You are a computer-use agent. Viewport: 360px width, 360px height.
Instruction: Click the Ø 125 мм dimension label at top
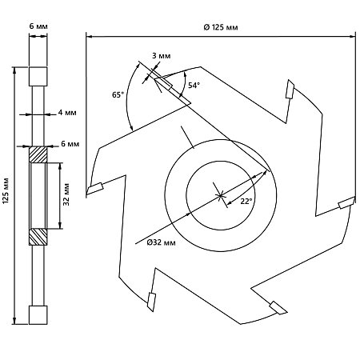(x=221, y=27)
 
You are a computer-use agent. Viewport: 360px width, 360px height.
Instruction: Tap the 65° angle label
(x=118, y=94)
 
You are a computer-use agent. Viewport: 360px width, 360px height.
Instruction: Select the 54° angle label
(x=194, y=86)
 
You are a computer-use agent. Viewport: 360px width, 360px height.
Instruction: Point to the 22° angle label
(x=246, y=202)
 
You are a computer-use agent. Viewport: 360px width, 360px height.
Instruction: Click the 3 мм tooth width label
(x=162, y=56)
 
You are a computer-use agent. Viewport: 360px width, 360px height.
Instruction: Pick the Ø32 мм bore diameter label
(x=162, y=242)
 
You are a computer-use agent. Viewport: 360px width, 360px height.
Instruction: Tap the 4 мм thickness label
(x=67, y=113)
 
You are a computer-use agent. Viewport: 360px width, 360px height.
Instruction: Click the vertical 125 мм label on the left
(x=6, y=191)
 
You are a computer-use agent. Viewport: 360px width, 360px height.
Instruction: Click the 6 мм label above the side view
(x=38, y=26)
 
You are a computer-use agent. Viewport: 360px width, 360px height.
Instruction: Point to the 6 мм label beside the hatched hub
(x=70, y=144)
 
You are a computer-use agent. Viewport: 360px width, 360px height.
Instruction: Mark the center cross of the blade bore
(x=220, y=196)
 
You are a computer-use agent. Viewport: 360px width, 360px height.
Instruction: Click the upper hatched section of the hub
(x=38, y=155)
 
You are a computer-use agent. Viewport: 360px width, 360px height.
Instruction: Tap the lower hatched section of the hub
(x=38, y=237)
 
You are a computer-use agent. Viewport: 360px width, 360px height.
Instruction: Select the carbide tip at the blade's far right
(x=346, y=203)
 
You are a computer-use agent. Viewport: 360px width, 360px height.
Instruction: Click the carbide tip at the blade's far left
(x=95, y=188)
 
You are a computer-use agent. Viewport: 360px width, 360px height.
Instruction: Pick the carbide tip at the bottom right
(x=278, y=308)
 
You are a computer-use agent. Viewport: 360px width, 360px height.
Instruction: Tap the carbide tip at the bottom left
(x=151, y=302)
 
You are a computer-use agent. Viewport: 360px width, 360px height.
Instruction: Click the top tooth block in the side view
(x=38, y=76)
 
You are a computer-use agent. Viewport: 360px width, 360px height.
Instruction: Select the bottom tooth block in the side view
(x=38, y=315)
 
